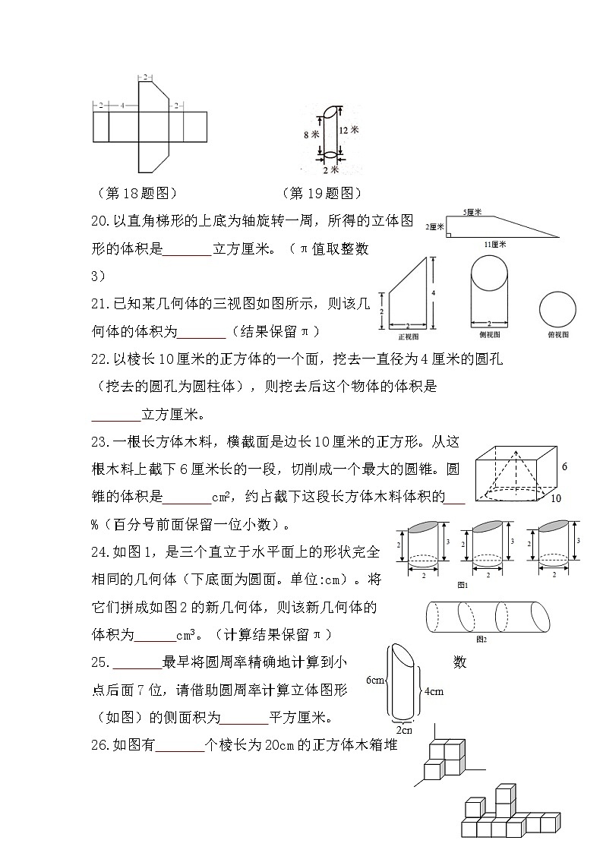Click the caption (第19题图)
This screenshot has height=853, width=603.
[x=321, y=193]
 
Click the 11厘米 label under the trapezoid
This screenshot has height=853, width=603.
[x=495, y=245]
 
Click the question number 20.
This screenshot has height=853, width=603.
[x=100, y=221]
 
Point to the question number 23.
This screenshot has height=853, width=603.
[x=100, y=443]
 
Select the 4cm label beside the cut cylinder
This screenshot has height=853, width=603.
[x=433, y=691]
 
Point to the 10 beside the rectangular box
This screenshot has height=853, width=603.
[x=556, y=499]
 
